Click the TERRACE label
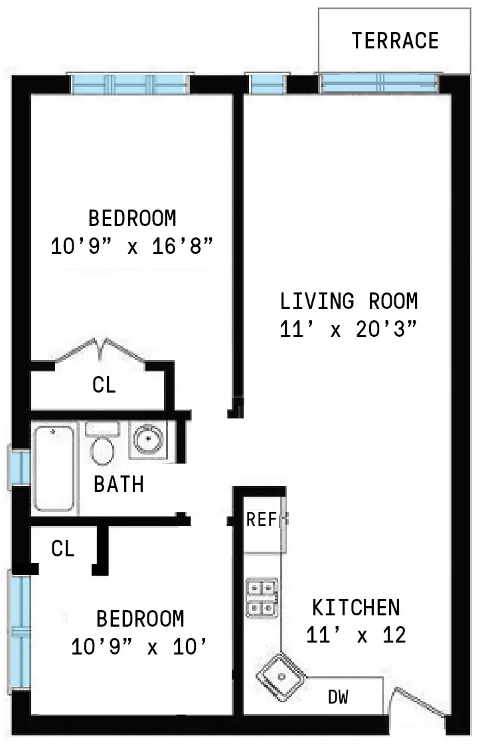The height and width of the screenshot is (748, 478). pos(395,40)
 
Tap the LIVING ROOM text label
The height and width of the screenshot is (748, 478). pos(349,301)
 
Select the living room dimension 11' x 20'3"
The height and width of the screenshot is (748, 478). pos(349,329)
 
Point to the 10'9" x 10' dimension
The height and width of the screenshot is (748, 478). pos(139,647)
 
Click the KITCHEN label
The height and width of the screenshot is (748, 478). pos(356,607)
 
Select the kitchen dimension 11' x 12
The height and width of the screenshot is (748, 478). pos(356,635)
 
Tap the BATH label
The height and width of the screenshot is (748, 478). pos(118,484)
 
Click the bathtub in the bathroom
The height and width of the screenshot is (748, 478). pos(54,468)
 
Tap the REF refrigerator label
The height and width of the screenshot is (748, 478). pos(262,519)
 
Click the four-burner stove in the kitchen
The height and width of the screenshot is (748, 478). pos(262,597)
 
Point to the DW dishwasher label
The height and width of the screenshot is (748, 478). pos(339,697)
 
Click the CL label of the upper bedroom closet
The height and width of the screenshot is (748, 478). pos(104,385)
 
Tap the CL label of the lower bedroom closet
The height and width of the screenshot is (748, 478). pos(63,548)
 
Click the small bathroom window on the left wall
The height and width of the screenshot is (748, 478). pos(19,467)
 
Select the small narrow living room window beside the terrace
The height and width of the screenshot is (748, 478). pos(266,84)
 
